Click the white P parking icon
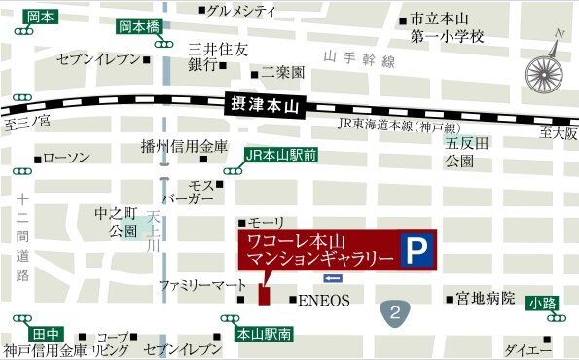[416, 252]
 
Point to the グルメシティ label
[242, 11]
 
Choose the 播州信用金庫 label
[184, 148]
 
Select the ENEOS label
[323, 300]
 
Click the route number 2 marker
[394, 312]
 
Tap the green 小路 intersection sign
[543, 303]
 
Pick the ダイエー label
[530, 349]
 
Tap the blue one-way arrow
[322, 279]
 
